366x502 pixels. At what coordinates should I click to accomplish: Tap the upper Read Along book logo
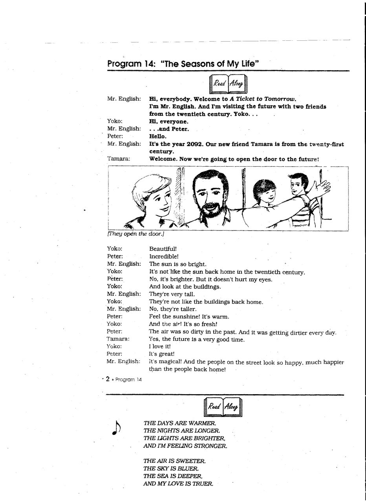pyautogui.click(x=229, y=84)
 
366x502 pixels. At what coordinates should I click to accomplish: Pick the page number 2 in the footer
pyautogui.click(x=107, y=379)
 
